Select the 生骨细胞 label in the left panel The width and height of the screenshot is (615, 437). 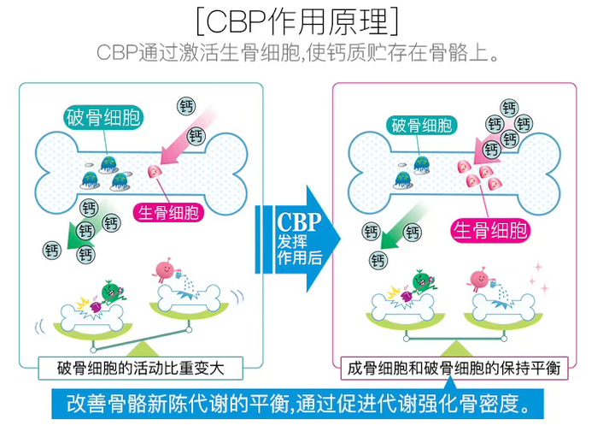(168, 211)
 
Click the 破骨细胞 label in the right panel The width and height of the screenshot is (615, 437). (422, 126)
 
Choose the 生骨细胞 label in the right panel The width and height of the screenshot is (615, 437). (489, 228)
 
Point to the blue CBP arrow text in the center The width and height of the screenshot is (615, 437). (299, 240)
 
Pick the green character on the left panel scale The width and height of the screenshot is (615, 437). (108, 290)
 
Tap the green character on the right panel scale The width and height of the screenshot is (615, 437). (421, 282)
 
